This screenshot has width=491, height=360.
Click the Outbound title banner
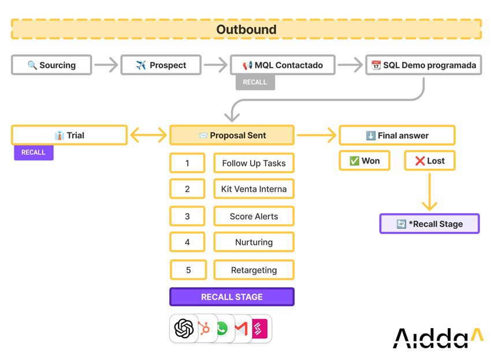246,29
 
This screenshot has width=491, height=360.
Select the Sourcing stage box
51,65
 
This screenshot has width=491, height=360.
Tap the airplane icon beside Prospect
141,65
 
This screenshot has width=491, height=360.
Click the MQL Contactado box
283,65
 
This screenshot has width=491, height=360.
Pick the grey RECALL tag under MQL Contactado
255,83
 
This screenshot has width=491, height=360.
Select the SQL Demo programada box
423,65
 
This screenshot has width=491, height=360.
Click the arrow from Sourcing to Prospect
106,65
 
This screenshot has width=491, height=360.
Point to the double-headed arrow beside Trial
148,135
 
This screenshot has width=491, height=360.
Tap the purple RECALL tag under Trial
34,153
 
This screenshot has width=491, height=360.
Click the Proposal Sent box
232,135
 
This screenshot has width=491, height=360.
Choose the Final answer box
397,135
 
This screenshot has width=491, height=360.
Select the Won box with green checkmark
364,161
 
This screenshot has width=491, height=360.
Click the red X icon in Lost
420,161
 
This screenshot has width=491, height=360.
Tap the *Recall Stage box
429,224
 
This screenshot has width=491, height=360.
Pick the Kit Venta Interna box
254,189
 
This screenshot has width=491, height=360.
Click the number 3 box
187,216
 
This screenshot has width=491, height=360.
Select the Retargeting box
254,270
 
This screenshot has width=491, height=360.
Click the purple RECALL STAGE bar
232,296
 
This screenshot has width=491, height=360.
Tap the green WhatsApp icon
222,329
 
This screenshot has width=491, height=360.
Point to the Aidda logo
438,338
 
